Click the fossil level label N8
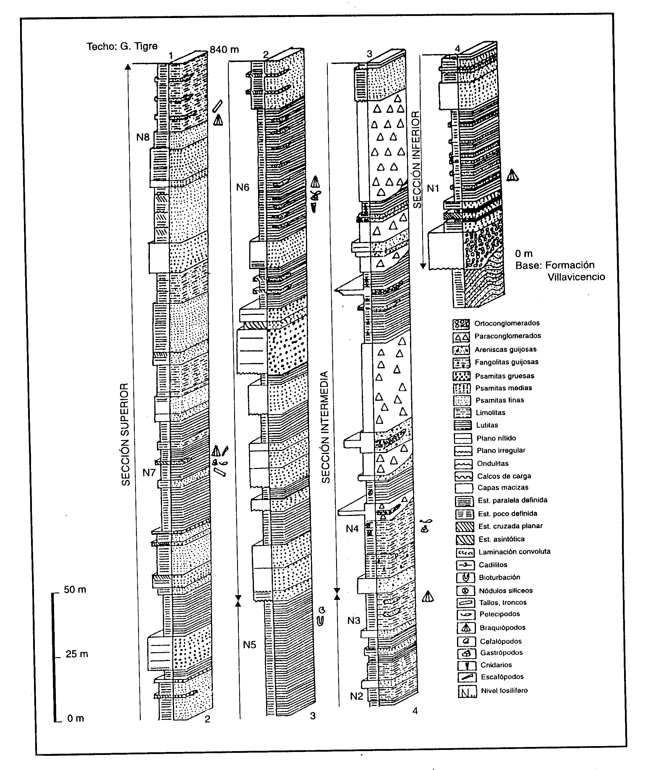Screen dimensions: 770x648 click(x=143, y=137)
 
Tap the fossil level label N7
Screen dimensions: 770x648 click(x=149, y=472)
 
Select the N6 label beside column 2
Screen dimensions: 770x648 click(x=242, y=188)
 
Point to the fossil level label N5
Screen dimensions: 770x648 click(x=250, y=644)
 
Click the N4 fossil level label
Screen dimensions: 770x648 click(x=352, y=528)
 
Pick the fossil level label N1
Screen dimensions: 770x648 click(x=433, y=188)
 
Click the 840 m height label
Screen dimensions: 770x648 click(x=224, y=50)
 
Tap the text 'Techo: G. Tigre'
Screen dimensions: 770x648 click(x=122, y=47)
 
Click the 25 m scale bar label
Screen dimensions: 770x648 click(x=77, y=654)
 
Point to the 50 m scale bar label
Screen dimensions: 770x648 click(x=75, y=590)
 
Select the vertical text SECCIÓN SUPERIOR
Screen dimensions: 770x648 click(x=126, y=434)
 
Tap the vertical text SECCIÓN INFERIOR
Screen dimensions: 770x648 click(x=417, y=160)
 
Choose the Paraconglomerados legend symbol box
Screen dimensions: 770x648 click(x=461, y=336)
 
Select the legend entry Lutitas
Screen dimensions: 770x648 click(x=487, y=425)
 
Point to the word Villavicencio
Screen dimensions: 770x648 click(x=576, y=277)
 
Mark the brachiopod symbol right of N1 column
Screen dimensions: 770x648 click(x=512, y=175)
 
